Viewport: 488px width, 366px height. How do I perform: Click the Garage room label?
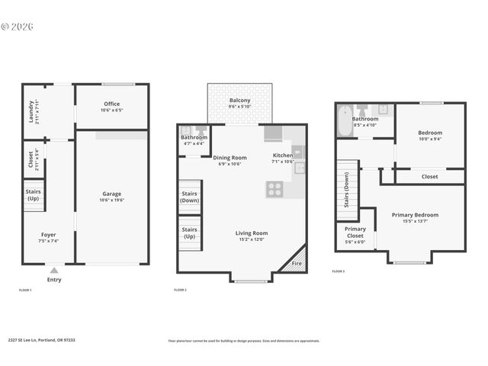[x=112, y=194]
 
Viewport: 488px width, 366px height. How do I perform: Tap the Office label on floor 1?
[x=111, y=104]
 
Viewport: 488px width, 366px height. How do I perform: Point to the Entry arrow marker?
[x=53, y=270]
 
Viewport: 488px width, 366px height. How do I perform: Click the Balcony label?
[x=239, y=101]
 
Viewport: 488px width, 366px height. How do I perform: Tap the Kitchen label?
[x=283, y=157]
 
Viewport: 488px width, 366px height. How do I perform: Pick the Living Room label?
[x=250, y=233]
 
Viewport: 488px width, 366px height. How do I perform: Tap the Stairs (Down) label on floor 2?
[x=189, y=197]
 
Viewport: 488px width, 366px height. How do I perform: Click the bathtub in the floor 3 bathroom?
[x=344, y=123]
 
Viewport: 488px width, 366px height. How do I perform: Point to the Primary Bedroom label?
[x=415, y=215]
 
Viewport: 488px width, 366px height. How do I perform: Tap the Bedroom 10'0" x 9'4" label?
[x=430, y=133]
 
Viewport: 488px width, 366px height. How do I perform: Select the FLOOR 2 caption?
[x=181, y=291]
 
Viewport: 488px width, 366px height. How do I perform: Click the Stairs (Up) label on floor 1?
[x=34, y=194]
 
